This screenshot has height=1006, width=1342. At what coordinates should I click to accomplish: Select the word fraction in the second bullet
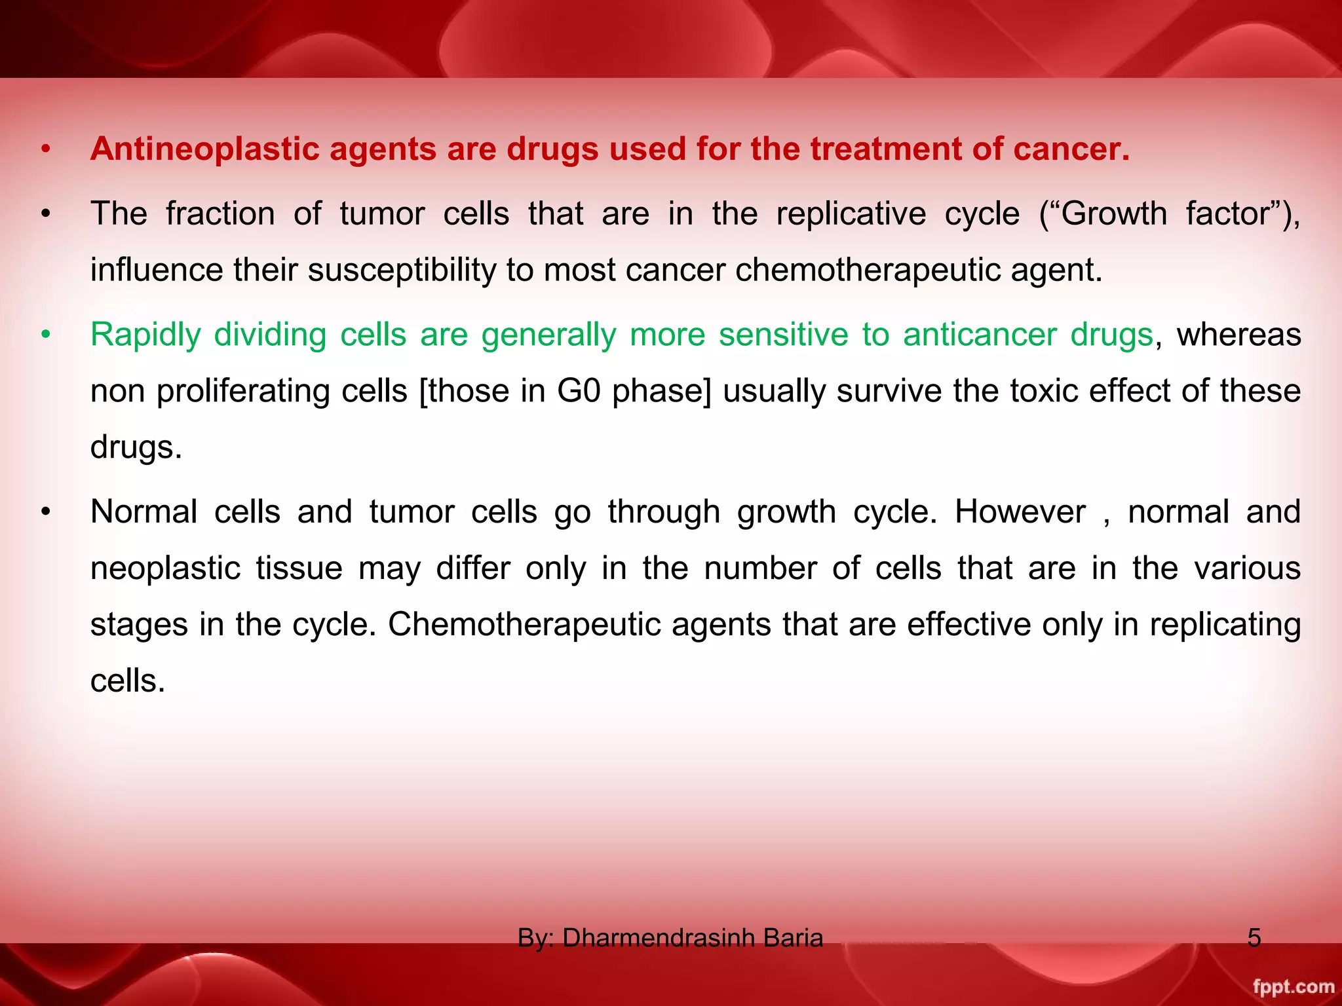220,214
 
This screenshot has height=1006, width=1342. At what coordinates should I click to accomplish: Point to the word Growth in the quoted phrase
1113,214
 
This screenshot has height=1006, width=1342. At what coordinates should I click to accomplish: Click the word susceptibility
402,270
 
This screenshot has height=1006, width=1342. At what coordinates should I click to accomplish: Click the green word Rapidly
145,335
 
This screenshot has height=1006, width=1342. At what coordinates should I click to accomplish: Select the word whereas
1238,335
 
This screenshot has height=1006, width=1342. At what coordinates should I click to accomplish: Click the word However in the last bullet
1020,512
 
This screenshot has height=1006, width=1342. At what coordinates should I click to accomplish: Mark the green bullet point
45,335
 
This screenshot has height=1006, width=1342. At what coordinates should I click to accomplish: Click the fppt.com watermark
1293,986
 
